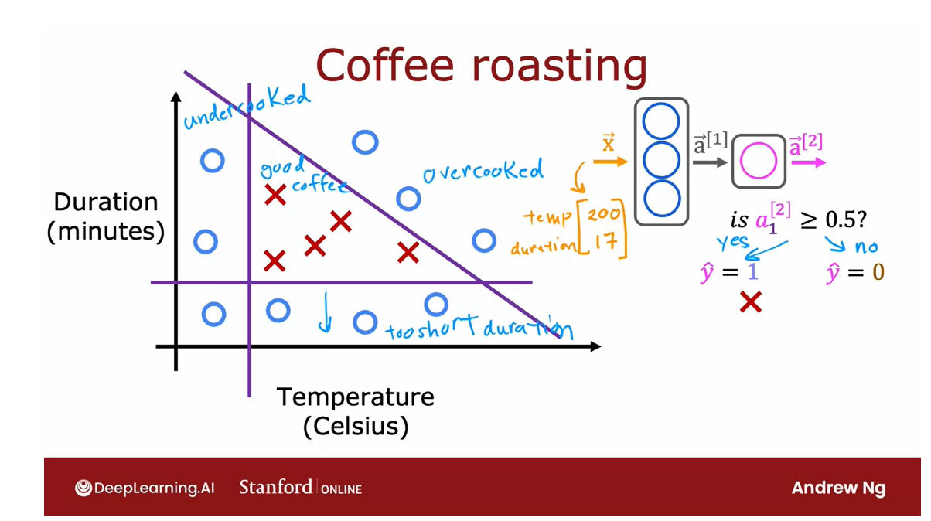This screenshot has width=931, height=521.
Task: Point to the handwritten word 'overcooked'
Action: point(483,171)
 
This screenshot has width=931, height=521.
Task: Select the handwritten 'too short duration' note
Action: point(479,328)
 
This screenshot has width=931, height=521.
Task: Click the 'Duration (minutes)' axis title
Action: point(106,216)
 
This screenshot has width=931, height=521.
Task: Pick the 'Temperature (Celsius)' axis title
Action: point(356,411)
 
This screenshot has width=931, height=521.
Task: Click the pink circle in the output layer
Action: point(759,162)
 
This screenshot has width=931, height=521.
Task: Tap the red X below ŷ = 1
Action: point(750,302)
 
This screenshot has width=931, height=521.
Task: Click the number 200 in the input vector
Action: point(604,214)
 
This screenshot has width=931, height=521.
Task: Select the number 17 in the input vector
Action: point(605,243)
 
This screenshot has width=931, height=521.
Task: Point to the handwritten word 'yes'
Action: point(732,242)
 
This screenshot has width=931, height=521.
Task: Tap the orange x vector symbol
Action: point(609,145)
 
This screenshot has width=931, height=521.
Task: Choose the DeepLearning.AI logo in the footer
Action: point(145,488)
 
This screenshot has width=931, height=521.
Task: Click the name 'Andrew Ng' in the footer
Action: point(838,488)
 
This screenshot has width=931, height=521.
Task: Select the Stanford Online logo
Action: point(300,488)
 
